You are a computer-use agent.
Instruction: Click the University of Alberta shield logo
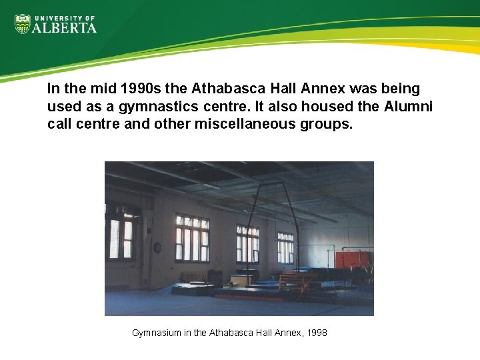[x=22, y=24]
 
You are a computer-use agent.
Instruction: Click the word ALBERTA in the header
[x=65, y=27]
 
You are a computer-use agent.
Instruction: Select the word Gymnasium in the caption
[x=156, y=332]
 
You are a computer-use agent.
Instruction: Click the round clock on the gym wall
[x=158, y=247]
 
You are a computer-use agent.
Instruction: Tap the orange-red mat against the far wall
[x=351, y=260]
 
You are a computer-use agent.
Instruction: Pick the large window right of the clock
[x=192, y=238]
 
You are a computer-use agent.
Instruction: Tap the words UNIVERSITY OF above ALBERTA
[x=65, y=17]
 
